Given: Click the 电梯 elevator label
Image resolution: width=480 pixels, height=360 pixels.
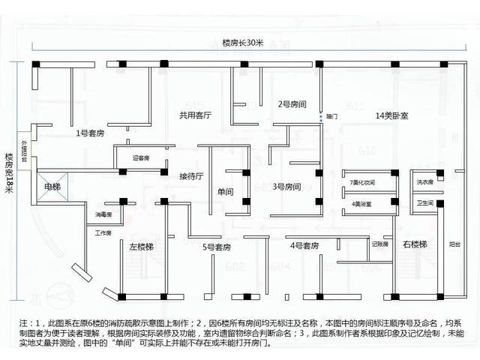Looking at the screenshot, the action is (52, 186).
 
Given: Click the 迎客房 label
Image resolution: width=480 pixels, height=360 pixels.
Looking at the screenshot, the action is (141, 158).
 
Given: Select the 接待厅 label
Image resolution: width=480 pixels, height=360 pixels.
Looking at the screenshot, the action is (191, 177).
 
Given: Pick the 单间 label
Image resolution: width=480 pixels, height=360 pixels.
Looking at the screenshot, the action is (225, 192).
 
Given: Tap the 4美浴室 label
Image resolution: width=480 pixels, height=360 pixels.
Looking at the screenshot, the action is (361, 203).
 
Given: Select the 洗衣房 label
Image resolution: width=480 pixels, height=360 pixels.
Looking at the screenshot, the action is (426, 182).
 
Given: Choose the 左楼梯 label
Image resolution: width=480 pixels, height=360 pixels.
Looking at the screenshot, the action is (141, 246).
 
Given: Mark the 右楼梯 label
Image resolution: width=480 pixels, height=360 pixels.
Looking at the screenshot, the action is (415, 245).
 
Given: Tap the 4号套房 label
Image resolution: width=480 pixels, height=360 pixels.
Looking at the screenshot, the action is (305, 245).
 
